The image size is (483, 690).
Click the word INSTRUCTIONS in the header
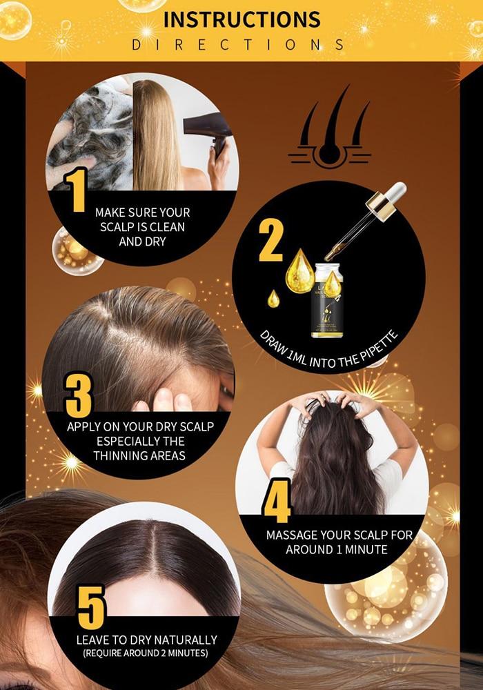click(241, 19)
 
